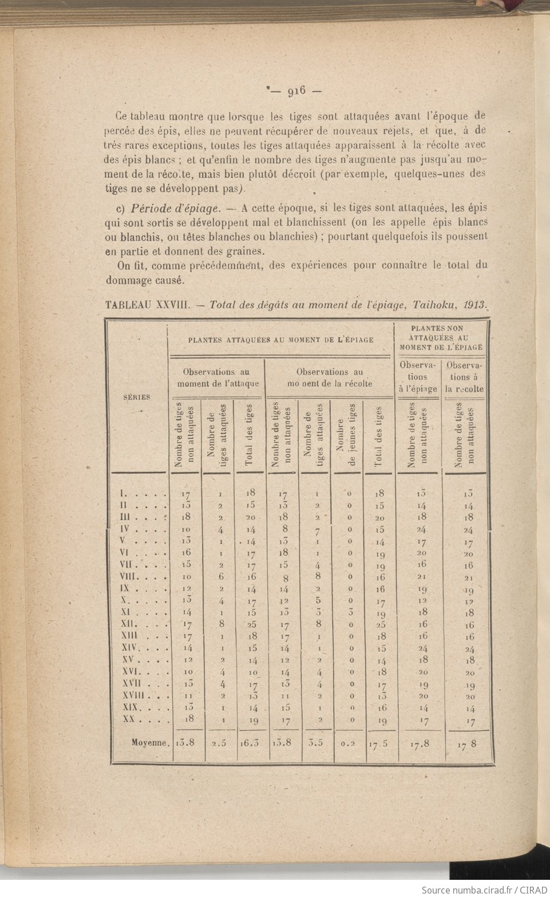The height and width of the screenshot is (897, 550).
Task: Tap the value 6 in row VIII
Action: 221,576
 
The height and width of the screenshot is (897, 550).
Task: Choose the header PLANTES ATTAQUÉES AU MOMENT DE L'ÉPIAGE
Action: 281,340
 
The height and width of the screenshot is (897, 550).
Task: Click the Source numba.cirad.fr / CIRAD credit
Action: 484,890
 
